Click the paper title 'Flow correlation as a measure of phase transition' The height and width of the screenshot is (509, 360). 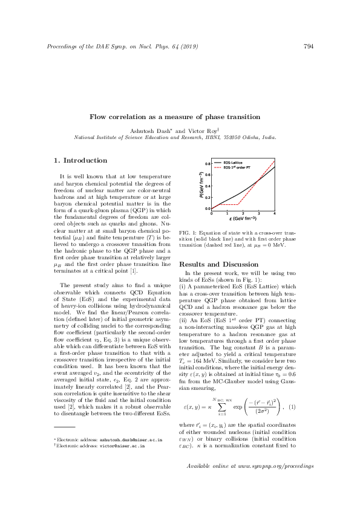coord(180,117)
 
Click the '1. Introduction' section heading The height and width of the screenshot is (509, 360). coord(81,161)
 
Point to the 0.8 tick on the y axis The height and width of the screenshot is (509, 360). coord(206,164)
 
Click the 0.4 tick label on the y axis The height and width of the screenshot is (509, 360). coord(206,186)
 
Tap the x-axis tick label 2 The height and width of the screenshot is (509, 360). coord(243,213)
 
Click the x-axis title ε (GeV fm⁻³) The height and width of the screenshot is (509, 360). coord(243,219)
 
